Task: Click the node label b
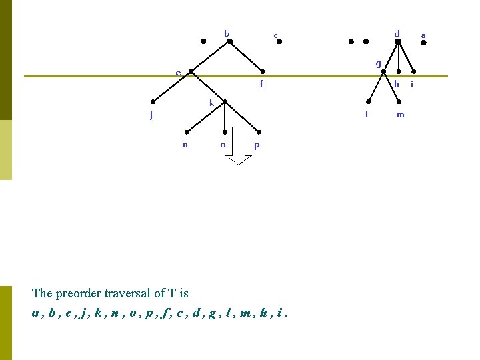227,33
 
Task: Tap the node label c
275,36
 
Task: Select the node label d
397,33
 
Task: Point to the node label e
178,73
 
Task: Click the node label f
261,84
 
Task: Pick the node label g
378,64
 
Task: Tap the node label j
151,115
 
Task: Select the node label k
211,103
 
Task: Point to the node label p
257,145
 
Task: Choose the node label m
400,115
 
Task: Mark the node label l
366,114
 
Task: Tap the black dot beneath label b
229,41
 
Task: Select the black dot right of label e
191,72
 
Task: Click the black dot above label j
153,102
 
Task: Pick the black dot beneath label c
279,41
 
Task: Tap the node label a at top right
423,35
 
